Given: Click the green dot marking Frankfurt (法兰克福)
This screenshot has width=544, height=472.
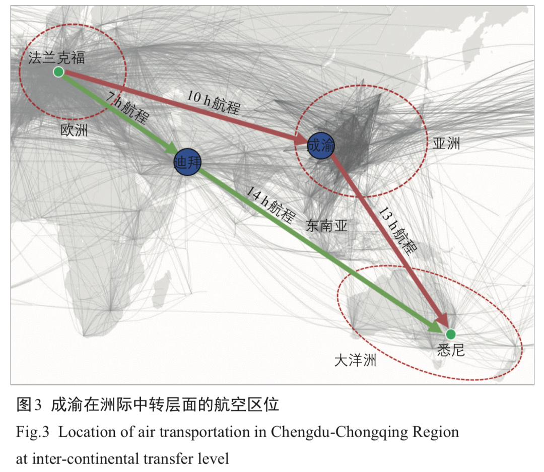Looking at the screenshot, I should click(58, 72).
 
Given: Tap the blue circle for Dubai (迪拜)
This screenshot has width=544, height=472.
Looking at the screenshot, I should click(187, 162).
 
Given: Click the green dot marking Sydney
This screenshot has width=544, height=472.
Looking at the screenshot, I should click(450, 334).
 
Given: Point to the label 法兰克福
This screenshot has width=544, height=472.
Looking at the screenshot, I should click(56, 57).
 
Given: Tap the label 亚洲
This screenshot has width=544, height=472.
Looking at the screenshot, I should click(446, 144).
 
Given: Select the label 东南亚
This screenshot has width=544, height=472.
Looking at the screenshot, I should click(327, 226).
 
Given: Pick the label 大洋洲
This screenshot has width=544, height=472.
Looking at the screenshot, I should click(356, 361).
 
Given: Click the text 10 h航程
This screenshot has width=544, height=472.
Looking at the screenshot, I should click(214, 103).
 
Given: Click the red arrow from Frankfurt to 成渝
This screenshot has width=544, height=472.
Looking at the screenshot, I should click(176, 104).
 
